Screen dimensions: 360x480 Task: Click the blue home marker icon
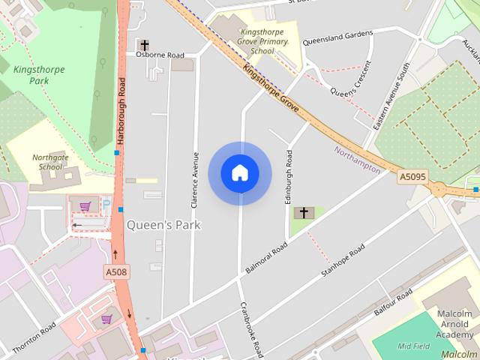tap(239, 173)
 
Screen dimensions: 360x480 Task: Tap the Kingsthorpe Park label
tap(39, 75)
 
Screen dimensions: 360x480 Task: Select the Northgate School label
tap(47, 162)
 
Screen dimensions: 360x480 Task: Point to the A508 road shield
tap(115, 271)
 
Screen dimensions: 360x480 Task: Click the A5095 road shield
tap(412, 177)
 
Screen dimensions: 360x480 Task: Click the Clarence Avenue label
tap(195, 179)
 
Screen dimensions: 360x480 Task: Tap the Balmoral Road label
tap(266, 257)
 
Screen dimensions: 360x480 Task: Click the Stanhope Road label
tap(343, 261)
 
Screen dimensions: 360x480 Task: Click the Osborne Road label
tap(160, 55)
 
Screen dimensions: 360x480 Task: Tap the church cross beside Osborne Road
tap(143, 46)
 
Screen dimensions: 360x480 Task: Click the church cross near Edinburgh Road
tap(304, 213)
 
